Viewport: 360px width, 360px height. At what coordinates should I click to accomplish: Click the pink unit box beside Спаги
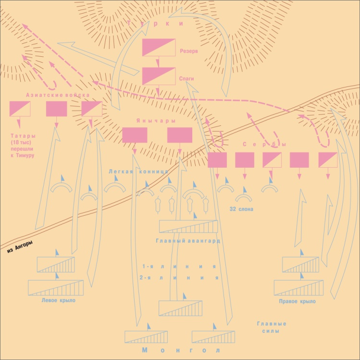157,75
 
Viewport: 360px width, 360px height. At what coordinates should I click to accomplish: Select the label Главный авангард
188,240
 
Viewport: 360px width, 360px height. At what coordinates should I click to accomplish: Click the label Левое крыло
56,300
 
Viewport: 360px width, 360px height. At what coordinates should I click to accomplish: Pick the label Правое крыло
297,301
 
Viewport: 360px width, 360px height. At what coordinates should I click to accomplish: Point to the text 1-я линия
178,266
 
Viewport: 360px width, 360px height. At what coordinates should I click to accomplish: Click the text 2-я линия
178,277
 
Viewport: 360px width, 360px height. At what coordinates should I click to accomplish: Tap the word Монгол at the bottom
182,350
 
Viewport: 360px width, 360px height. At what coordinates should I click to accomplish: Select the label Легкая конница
138,171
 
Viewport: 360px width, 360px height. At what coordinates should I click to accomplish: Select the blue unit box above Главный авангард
188,226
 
